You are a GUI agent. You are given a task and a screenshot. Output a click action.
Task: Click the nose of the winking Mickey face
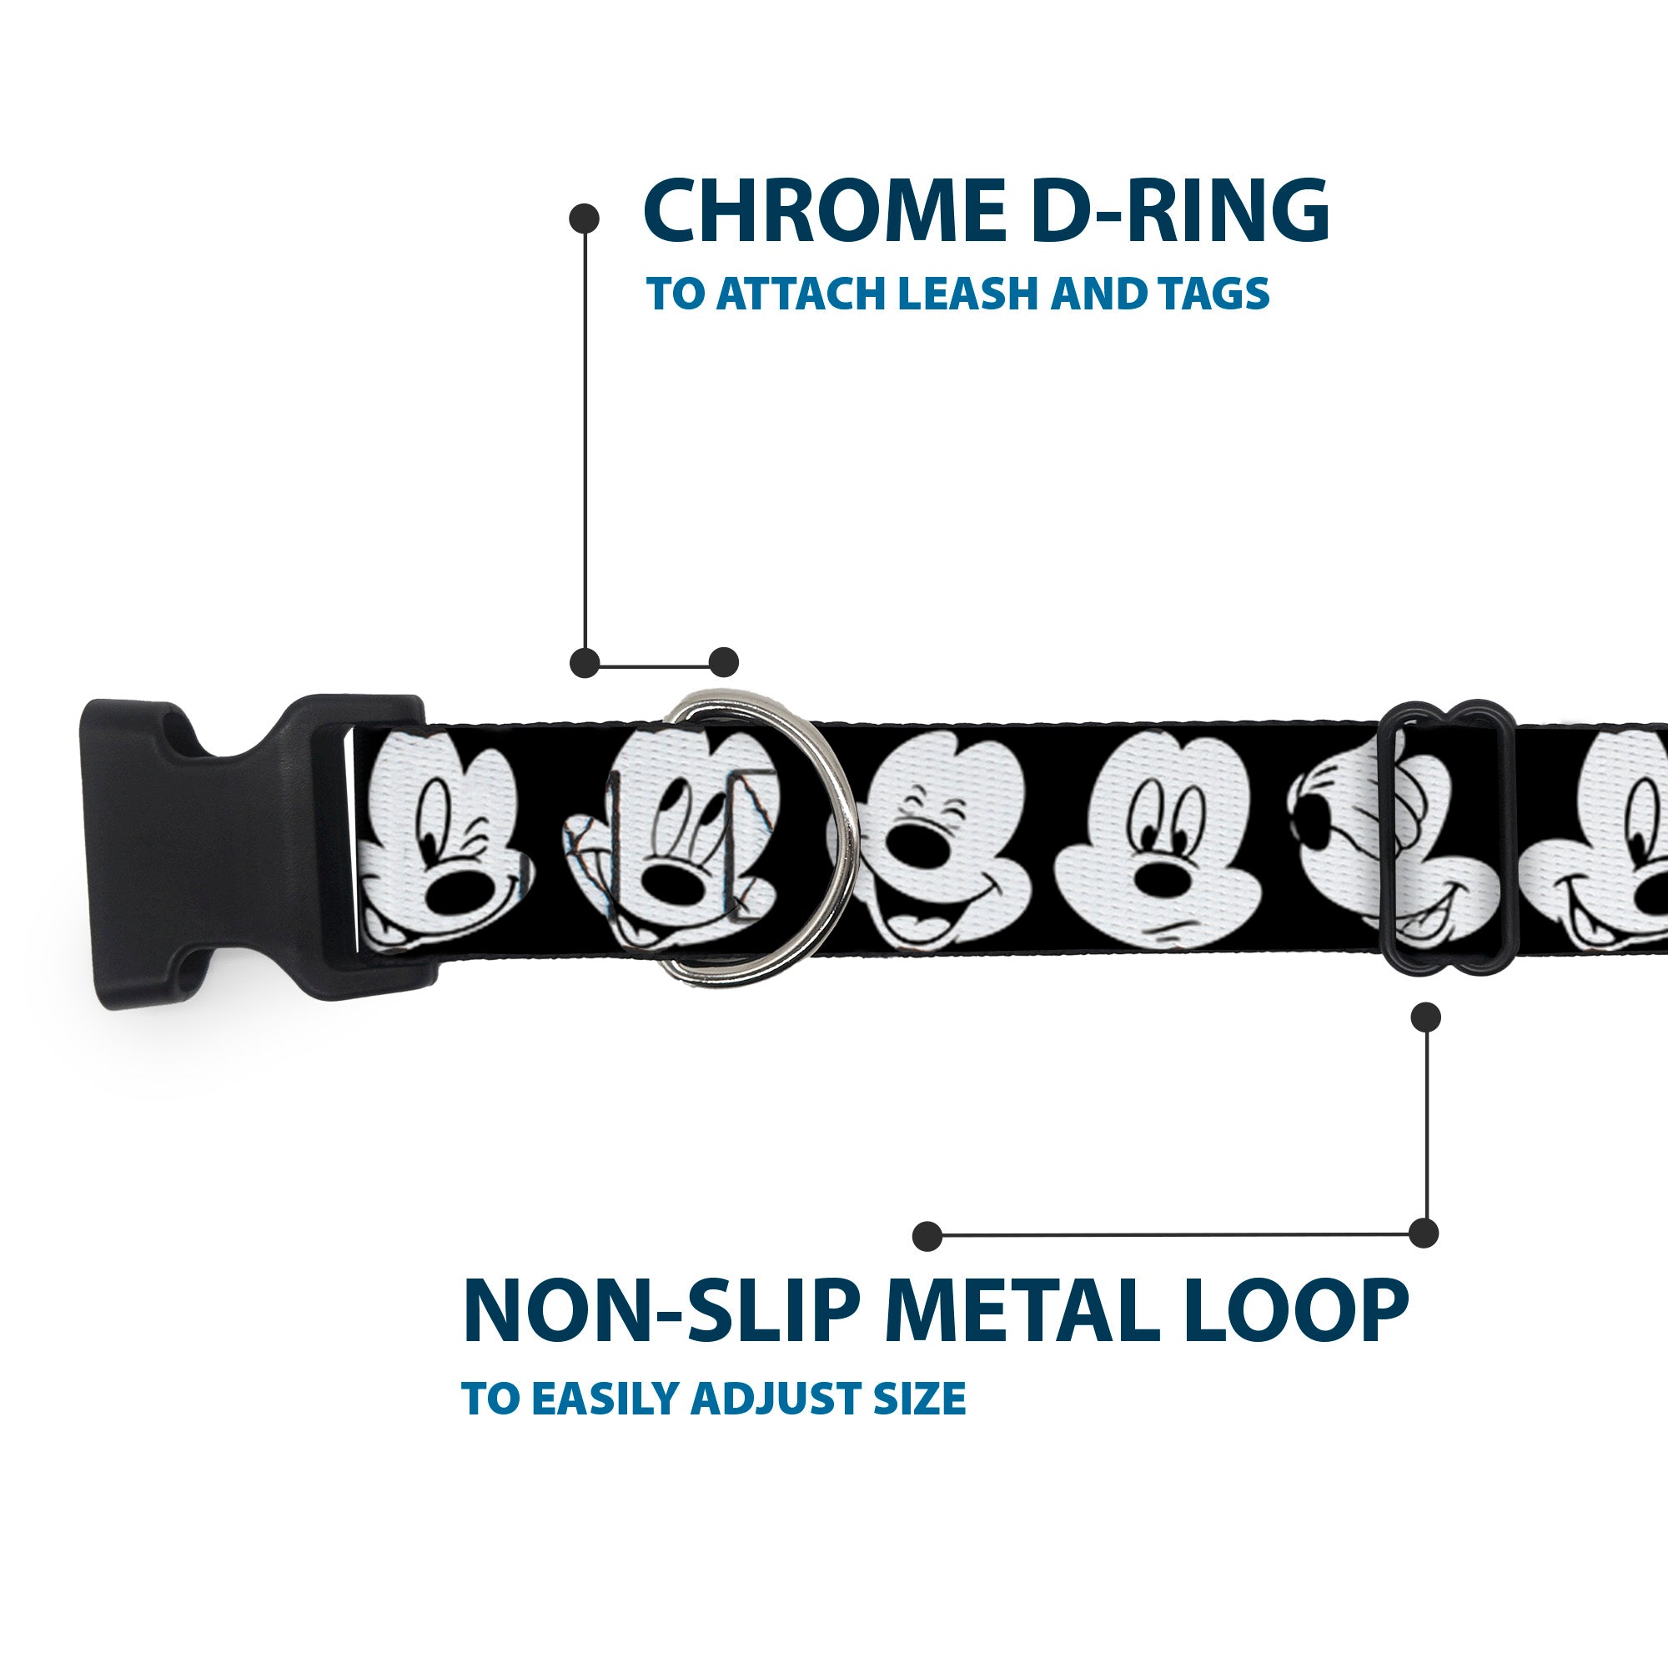(x=458, y=884)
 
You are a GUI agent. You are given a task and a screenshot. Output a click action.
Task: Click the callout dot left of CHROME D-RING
(x=585, y=218)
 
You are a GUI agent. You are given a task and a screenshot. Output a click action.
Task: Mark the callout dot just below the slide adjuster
(x=1425, y=1017)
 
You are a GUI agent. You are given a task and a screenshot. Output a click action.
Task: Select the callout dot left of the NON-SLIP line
(x=927, y=1235)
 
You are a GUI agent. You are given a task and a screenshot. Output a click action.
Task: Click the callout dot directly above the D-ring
(x=723, y=662)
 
